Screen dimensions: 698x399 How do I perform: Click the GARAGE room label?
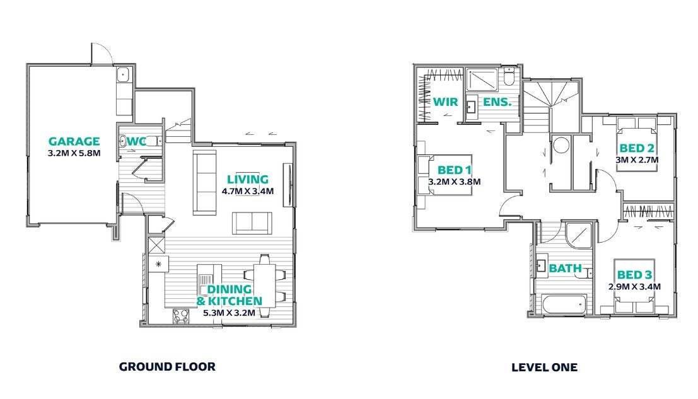point(74,141)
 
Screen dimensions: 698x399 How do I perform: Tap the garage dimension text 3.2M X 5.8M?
point(74,153)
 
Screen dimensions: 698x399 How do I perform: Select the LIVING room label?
point(248,179)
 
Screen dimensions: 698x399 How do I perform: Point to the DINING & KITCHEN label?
point(230,295)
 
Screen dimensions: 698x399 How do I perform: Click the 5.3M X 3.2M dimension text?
point(230,313)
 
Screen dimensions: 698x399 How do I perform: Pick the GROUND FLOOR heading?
point(167,366)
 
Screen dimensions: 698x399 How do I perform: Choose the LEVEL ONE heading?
point(544,367)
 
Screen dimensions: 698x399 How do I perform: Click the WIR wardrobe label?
point(446,102)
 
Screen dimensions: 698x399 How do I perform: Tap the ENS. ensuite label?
point(497,102)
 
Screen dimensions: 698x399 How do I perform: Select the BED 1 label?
point(454,170)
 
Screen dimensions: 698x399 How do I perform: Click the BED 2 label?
point(637,148)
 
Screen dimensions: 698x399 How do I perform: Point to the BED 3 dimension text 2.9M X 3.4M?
point(634,287)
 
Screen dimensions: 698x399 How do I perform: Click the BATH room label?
point(566,269)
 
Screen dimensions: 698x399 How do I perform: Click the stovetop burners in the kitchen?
point(181,316)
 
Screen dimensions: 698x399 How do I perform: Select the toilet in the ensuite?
point(509,76)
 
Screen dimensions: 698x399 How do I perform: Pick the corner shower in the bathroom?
point(578,235)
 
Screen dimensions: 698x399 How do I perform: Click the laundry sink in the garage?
point(123,75)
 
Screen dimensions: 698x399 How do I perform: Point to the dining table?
point(264,286)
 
